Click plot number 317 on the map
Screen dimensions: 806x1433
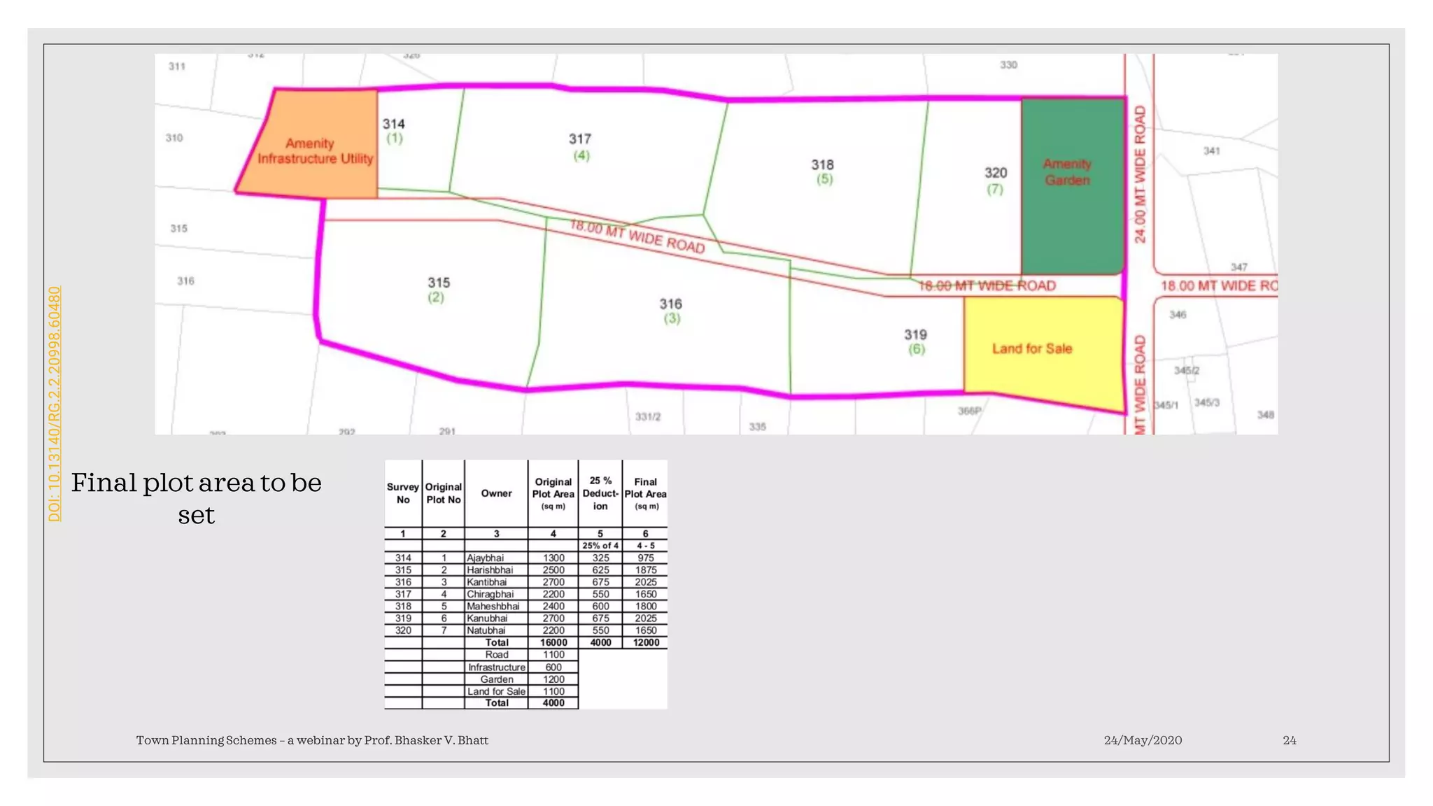580,139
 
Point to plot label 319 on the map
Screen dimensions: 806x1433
915,335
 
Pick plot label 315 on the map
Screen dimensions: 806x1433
439,283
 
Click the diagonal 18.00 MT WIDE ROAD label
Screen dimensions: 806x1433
637,236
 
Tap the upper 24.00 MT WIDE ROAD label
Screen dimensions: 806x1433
1140,174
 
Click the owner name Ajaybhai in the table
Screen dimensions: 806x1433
486,558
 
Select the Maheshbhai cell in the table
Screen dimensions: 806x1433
493,607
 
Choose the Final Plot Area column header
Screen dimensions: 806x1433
645,493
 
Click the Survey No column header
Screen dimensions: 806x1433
403,493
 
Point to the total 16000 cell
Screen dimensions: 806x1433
553,643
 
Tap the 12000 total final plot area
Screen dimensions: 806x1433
646,643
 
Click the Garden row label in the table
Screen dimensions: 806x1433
497,679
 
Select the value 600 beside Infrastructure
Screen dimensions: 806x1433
553,667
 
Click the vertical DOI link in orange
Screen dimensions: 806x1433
55,404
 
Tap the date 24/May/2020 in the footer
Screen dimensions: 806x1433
1143,740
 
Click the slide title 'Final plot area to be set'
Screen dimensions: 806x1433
197,498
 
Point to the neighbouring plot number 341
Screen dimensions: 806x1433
1212,151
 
